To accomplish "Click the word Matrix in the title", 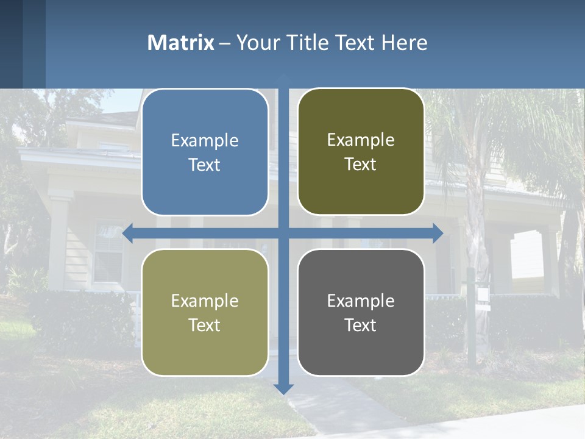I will point(180,43).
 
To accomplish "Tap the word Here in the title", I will point(404,43).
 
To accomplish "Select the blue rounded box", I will point(205,152).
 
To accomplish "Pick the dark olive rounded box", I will point(361,152).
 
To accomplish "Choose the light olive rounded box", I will point(205,313).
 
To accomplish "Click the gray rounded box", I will point(361,313).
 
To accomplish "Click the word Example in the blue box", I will point(205,141).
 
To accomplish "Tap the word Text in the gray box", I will point(361,325).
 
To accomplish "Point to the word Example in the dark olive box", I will point(361,140).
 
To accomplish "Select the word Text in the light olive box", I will point(205,325).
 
